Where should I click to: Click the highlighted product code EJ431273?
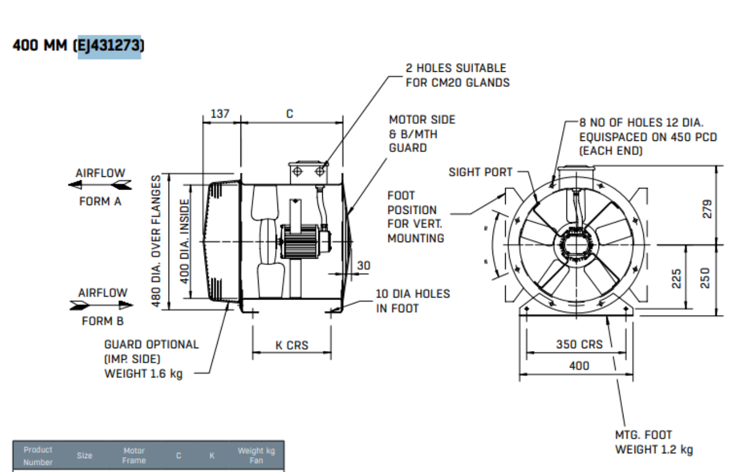pos(109,46)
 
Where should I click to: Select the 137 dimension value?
pos(220,114)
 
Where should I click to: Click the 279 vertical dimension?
pos(707,208)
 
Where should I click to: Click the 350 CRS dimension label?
pos(579,344)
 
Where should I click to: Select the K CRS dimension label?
pos(292,346)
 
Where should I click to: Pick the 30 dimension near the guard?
pos(363,265)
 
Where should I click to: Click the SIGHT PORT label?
pos(480,172)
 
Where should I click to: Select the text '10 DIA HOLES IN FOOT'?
pos(412,301)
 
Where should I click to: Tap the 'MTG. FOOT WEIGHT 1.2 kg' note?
pos(653,442)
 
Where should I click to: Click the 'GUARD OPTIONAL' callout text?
pos(151,344)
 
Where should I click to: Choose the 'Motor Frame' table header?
pos(134,455)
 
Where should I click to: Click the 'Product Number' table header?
pos(38,455)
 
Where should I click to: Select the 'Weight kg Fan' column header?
pos(255,455)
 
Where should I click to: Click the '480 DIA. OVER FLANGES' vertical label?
pos(158,241)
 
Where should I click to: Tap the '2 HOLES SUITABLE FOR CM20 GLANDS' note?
pos(457,75)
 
